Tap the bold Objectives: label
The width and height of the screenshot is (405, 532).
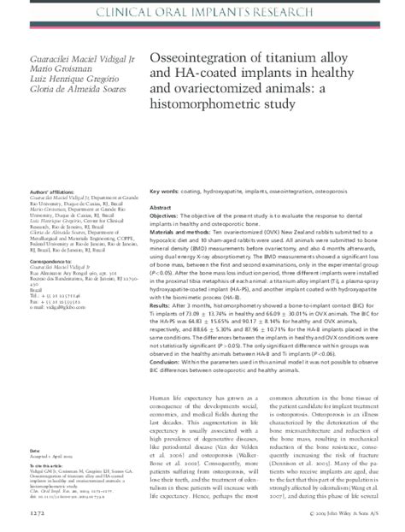coord(167,217)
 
